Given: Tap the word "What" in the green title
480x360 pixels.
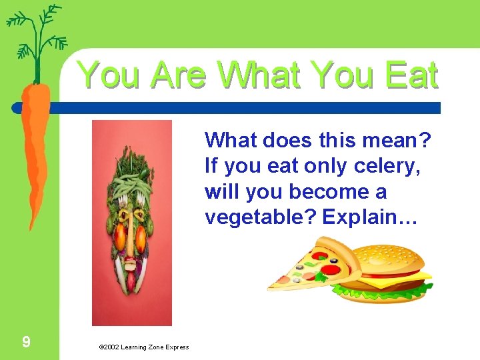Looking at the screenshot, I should pyautogui.click(x=266, y=75).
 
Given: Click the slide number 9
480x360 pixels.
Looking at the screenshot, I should pyautogui.click(x=25, y=343).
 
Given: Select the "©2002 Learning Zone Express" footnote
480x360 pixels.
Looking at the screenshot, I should pyautogui.click(x=143, y=347).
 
